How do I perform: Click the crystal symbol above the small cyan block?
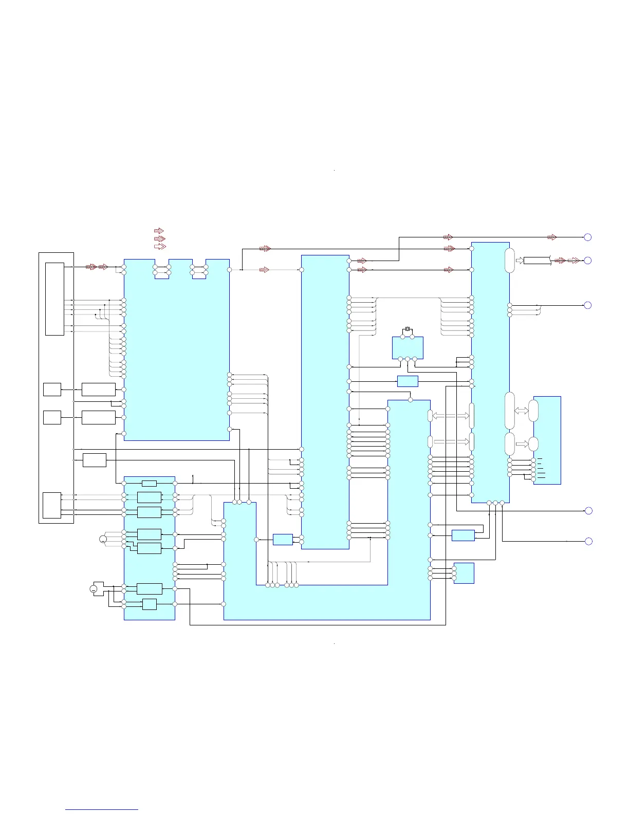pyautogui.click(x=408, y=329)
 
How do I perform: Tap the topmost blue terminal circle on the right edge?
pyautogui.click(x=588, y=237)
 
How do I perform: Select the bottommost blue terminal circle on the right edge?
pyautogui.click(x=588, y=541)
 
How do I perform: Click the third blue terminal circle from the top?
pyautogui.click(x=588, y=305)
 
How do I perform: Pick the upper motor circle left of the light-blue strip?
pyautogui.click(x=103, y=539)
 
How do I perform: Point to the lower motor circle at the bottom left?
pyautogui.click(x=94, y=589)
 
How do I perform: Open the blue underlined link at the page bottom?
pyautogui.click(x=102, y=809)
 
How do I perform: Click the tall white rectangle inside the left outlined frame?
pyautogui.click(x=54, y=299)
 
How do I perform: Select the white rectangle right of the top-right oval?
pyautogui.click(x=537, y=261)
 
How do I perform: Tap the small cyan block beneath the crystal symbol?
pyautogui.click(x=408, y=347)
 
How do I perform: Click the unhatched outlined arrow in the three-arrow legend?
pyautogui.click(x=160, y=247)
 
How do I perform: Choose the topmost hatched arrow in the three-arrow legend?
pyautogui.click(x=159, y=231)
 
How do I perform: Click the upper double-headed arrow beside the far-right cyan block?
pyautogui.click(x=521, y=411)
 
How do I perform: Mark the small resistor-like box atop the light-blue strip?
pyautogui.click(x=149, y=483)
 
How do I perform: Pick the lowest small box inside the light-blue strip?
pyautogui.click(x=150, y=604)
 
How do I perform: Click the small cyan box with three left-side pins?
pyautogui.click(x=464, y=573)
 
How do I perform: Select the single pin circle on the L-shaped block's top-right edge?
pyautogui.click(x=410, y=400)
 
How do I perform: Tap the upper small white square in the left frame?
pyautogui.click(x=52, y=390)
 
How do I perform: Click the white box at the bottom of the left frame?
pyautogui.click(x=52, y=505)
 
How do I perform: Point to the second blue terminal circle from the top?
pyautogui.click(x=588, y=261)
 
